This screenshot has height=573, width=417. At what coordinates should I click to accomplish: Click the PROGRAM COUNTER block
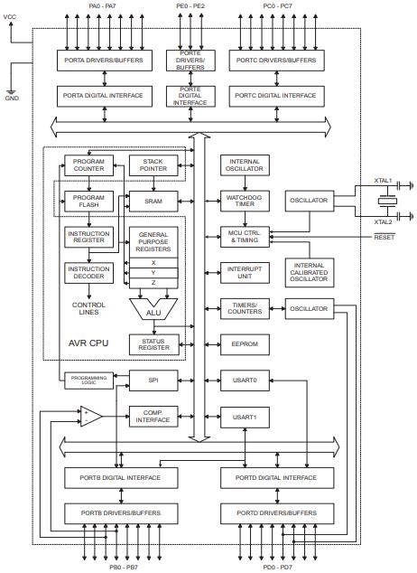[88, 164]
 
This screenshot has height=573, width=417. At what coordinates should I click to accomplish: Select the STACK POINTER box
[153, 164]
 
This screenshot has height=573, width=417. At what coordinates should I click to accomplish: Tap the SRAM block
[153, 200]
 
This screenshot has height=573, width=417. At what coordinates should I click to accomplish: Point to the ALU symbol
[153, 311]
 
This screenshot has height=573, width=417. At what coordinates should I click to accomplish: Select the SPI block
[153, 380]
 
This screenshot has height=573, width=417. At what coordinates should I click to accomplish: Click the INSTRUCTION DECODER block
[88, 272]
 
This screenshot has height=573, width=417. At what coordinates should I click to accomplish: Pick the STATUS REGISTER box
[153, 344]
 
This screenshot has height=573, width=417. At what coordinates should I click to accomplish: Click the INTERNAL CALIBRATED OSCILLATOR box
[309, 272]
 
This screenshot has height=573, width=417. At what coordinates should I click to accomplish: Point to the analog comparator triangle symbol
[91, 417]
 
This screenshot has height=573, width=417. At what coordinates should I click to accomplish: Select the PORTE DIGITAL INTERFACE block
[190, 96]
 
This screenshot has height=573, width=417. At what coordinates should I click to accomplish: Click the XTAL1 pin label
[384, 181]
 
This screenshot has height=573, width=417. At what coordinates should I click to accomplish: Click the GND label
[12, 99]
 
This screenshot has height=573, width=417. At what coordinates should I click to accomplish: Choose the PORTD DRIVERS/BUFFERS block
[269, 513]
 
